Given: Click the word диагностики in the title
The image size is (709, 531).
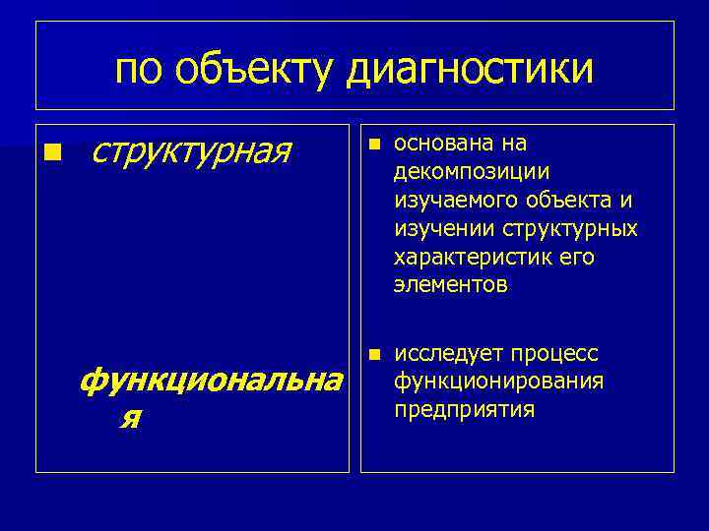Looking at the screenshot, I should coord(472,70).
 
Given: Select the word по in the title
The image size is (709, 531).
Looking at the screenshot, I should coord(139,70).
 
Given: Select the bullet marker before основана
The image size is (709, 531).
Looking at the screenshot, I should coord(372,144).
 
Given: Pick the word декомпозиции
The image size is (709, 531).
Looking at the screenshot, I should coord(457,172).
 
